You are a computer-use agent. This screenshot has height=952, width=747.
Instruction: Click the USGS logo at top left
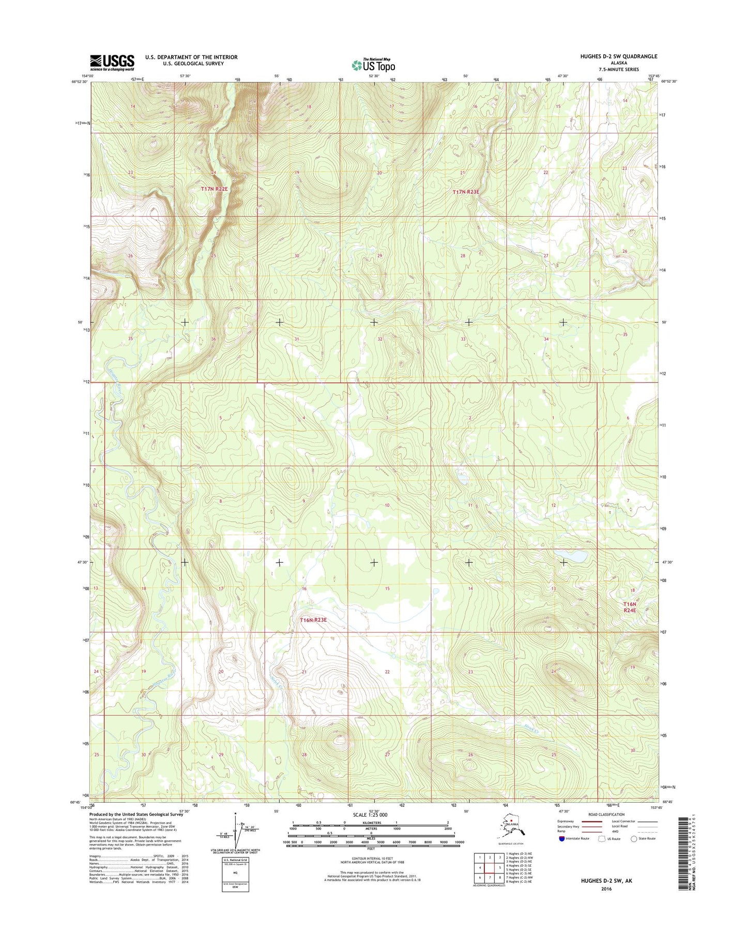coord(112,63)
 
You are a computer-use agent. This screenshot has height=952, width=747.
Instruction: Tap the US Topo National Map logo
coord(373,65)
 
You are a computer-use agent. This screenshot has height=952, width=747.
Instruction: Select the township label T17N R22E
coord(214,189)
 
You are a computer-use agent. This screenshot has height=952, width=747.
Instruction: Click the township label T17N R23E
coord(466,192)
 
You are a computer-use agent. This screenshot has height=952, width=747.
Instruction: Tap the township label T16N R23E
coord(314,620)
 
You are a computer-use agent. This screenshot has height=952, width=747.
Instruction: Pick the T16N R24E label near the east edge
coord(629,607)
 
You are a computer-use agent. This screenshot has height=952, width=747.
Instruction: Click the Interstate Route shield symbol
coord(561,838)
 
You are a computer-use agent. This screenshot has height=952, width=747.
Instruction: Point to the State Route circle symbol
coord(633,838)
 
